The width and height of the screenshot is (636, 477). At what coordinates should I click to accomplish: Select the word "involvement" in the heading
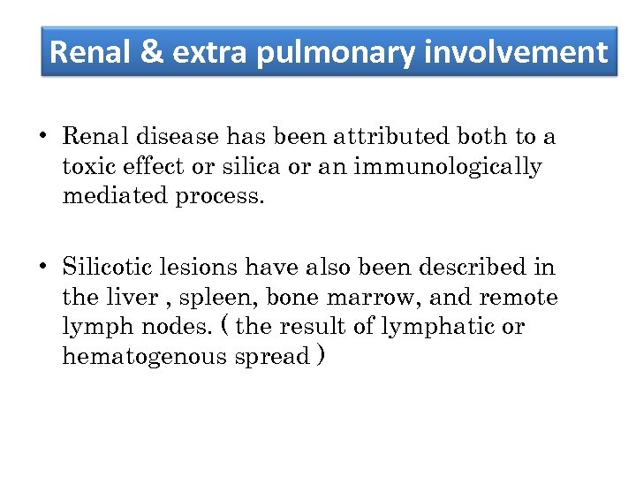(516, 53)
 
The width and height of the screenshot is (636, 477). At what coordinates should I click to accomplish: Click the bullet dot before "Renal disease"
(42, 137)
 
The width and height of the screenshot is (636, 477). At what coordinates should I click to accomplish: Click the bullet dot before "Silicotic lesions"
(42, 267)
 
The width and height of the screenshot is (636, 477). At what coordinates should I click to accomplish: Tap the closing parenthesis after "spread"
(321, 356)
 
